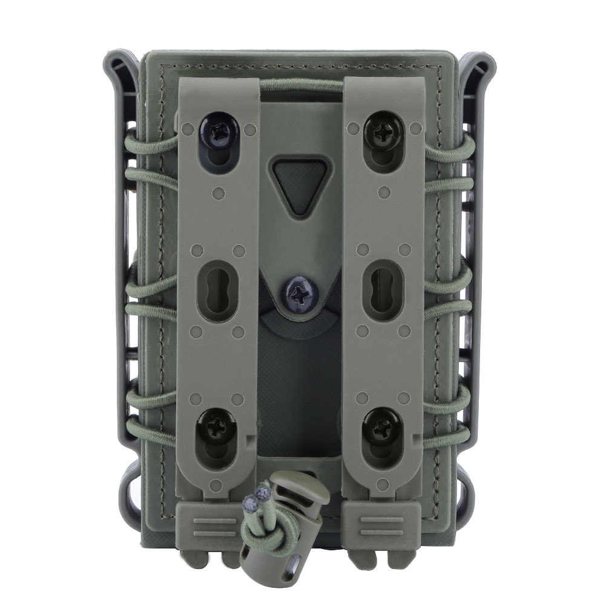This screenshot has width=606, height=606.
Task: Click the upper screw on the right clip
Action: point(383,128)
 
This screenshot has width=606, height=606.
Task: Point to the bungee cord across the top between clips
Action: point(301,87)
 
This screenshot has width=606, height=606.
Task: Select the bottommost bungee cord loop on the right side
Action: point(451,436)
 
